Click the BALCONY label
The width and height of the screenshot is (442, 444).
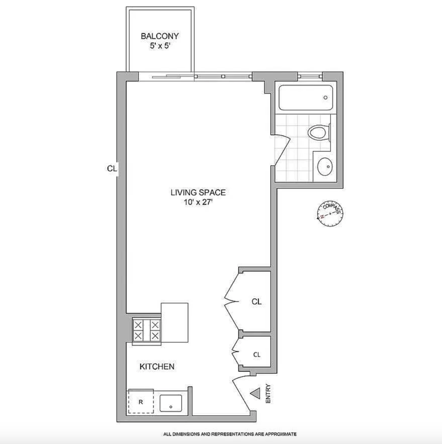(160, 36)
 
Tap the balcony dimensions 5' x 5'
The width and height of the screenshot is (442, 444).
(160, 46)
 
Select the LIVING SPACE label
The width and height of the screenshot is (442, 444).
(198, 193)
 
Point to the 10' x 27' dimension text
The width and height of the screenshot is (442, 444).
(198, 202)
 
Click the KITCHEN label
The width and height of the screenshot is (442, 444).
(157, 367)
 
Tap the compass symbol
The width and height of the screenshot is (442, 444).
(330, 214)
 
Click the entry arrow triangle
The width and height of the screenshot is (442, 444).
(255, 393)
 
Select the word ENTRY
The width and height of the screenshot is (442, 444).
(268, 394)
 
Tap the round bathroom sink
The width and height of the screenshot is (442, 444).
(325, 167)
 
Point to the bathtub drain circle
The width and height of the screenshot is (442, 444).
(325, 97)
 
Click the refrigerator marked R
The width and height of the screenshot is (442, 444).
(141, 401)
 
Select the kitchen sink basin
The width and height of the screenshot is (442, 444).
(171, 403)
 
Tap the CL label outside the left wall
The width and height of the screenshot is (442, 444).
(112, 168)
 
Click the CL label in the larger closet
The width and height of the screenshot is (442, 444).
(257, 302)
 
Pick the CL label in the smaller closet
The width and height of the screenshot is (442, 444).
(257, 355)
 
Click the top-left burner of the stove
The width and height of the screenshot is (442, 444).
(138, 325)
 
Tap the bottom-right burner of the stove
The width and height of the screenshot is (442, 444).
(155, 336)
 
